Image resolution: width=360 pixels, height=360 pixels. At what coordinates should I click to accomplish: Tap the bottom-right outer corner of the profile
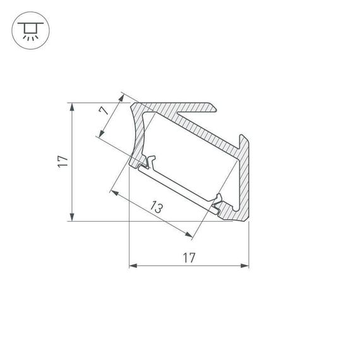coord(248,220)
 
